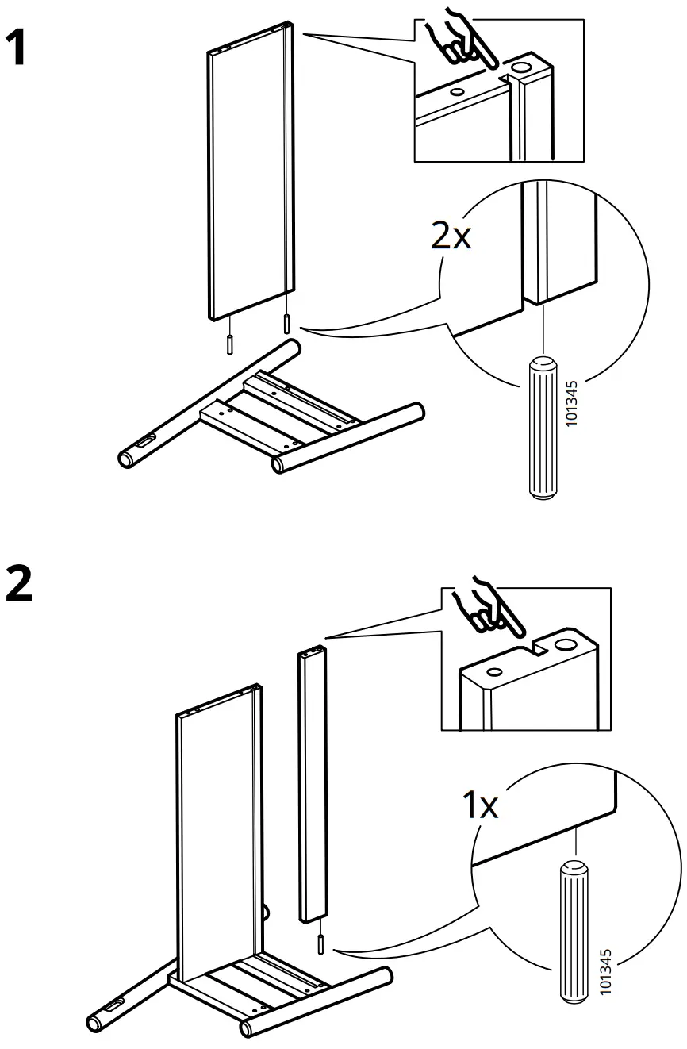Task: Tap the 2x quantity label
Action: click(x=451, y=236)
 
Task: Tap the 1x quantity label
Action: click(x=480, y=805)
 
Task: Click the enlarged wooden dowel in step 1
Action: click(x=542, y=428)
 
